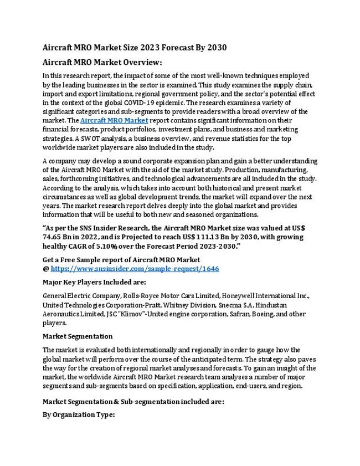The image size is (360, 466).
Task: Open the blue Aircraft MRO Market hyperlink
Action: click(x=114, y=120)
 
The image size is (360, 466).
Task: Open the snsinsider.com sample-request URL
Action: click(x=135, y=268)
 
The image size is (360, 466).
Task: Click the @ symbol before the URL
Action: click(x=46, y=268)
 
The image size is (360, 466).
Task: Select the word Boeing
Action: click(x=245, y=314)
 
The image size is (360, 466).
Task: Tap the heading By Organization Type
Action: click(x=78, y=413)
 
